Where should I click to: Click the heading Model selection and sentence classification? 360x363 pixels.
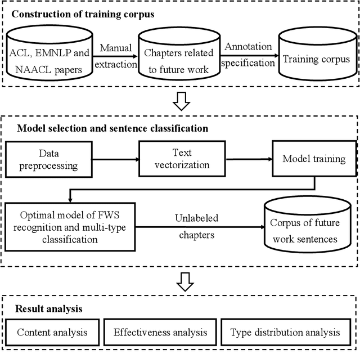[x=112, y=128]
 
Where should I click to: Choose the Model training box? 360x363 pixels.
[x=314, y=159]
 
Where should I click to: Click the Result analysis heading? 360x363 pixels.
[x=49, y=309]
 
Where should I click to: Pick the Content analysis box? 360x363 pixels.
[x=52, y=332]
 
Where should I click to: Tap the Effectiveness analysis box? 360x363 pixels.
[x=160, y=332]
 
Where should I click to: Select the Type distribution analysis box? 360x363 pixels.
[x=285, y=332]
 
